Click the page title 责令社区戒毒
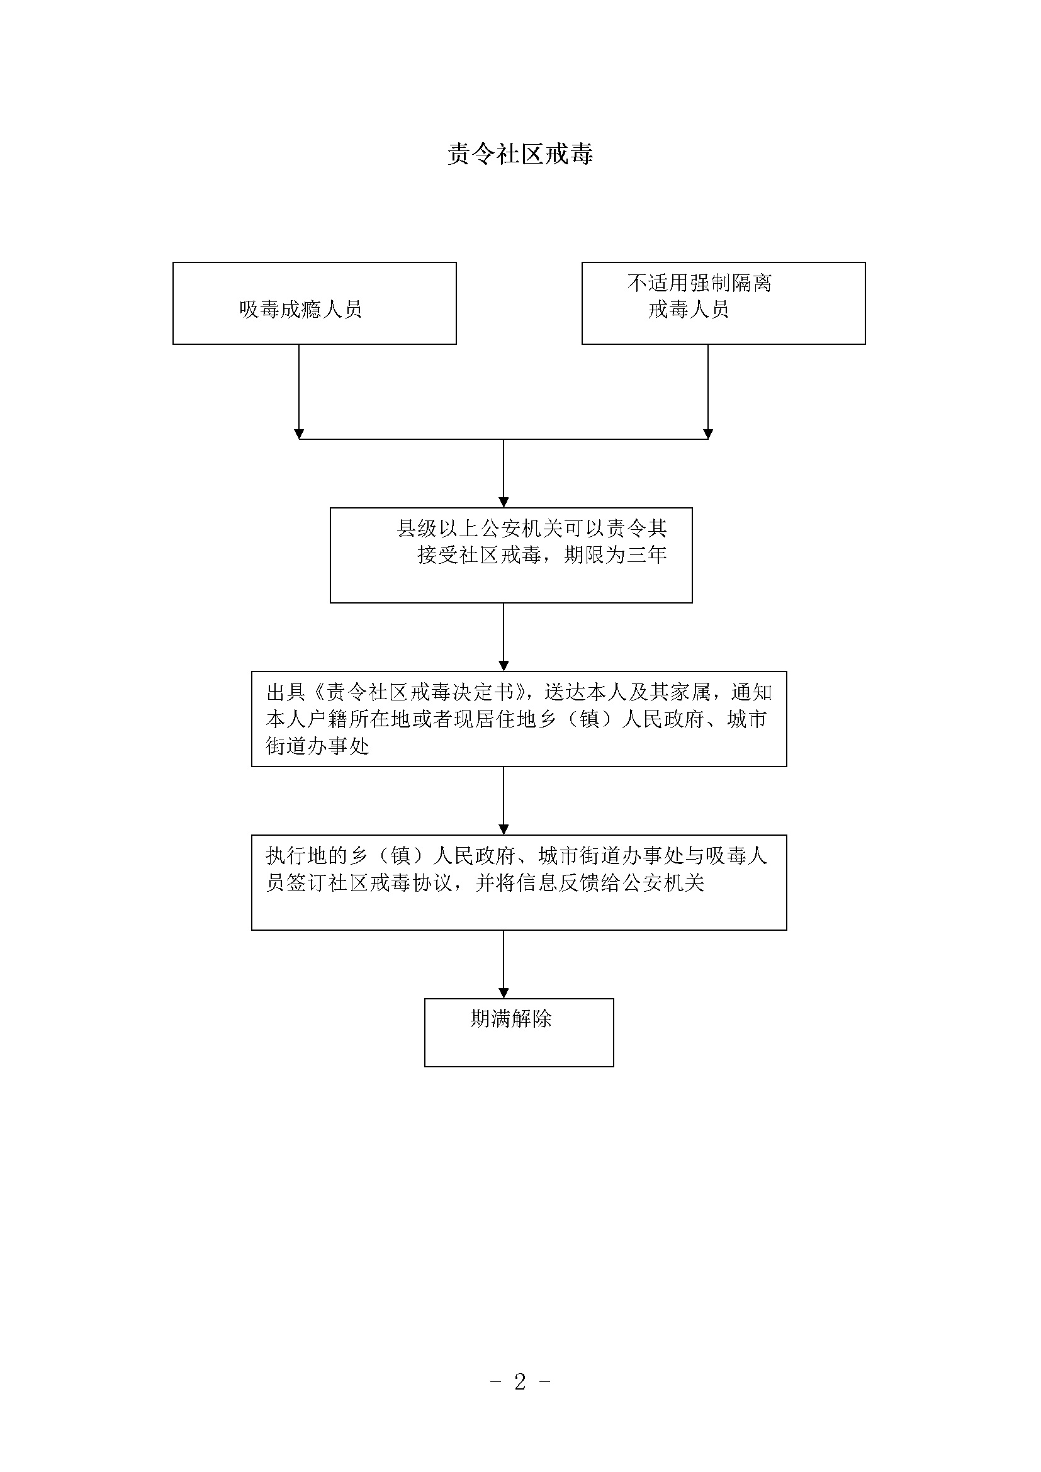pos(520,154)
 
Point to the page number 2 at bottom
pos(520,1381)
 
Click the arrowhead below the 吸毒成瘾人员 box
pos(299,434)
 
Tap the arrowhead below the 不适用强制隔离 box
pos(707,434)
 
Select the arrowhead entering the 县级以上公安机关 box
pos(504,502)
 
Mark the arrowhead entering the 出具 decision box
pos(504,665)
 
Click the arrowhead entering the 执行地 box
pos(504,829)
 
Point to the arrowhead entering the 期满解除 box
pos(504,992)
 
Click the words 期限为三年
pos(616,554)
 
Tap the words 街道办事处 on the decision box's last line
pos(318,746)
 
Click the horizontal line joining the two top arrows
pos(504,439)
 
